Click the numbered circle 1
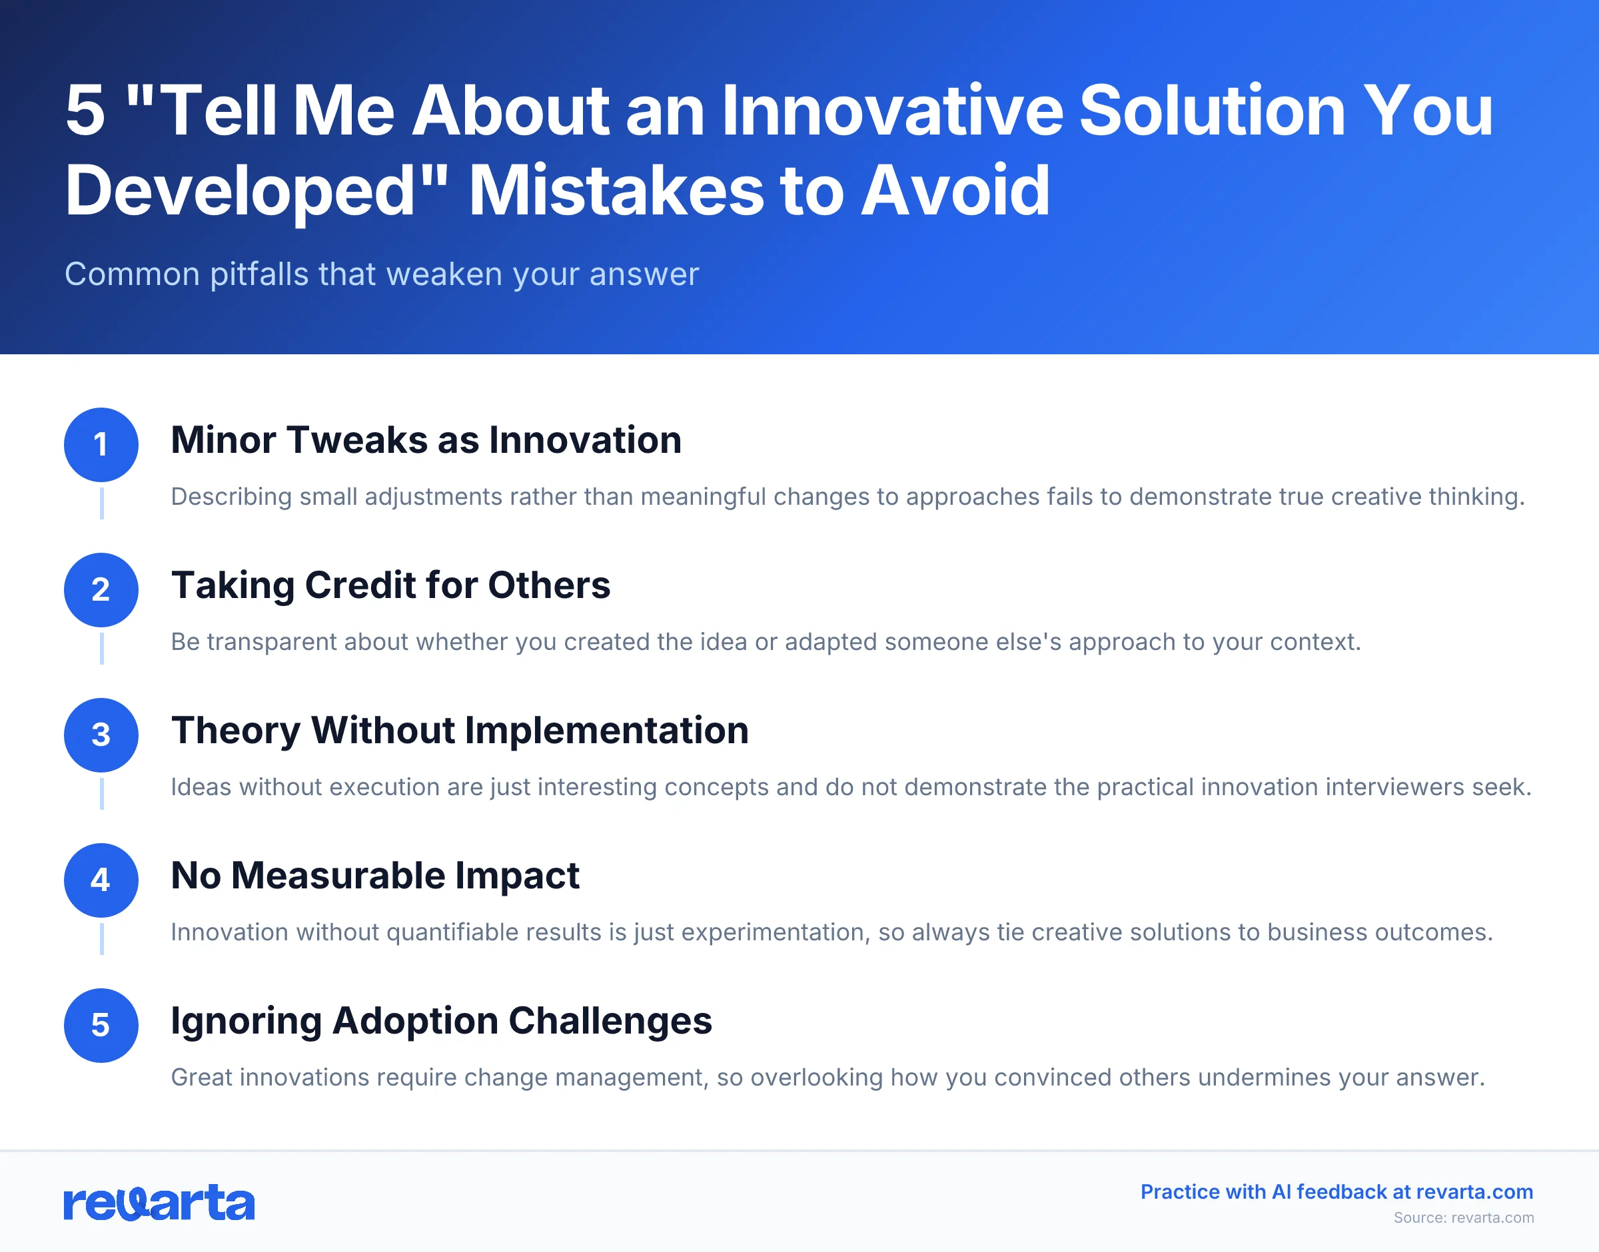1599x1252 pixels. tap(101, 444)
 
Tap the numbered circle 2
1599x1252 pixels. tap(101, 589)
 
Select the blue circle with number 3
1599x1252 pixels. tap(101, 735)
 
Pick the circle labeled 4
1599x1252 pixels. tap(101, 880)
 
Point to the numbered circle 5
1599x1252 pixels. tap(101, 1025)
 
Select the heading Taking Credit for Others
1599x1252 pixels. tap(390, 585)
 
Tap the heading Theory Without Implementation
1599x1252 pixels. tap(460, 730)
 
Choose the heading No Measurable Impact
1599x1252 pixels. tap(374, 875)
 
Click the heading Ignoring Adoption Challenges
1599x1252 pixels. tap(441, 1020)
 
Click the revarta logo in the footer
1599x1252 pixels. tap(159, 1202)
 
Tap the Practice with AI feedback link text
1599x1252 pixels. tap(1336, 1192)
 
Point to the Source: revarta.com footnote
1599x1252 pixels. tap(1462, 1217)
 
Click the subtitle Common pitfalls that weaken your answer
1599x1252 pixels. tap(381, 274)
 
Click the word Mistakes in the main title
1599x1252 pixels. tap(616, 190)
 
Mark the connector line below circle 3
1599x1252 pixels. tap(101, 794)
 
